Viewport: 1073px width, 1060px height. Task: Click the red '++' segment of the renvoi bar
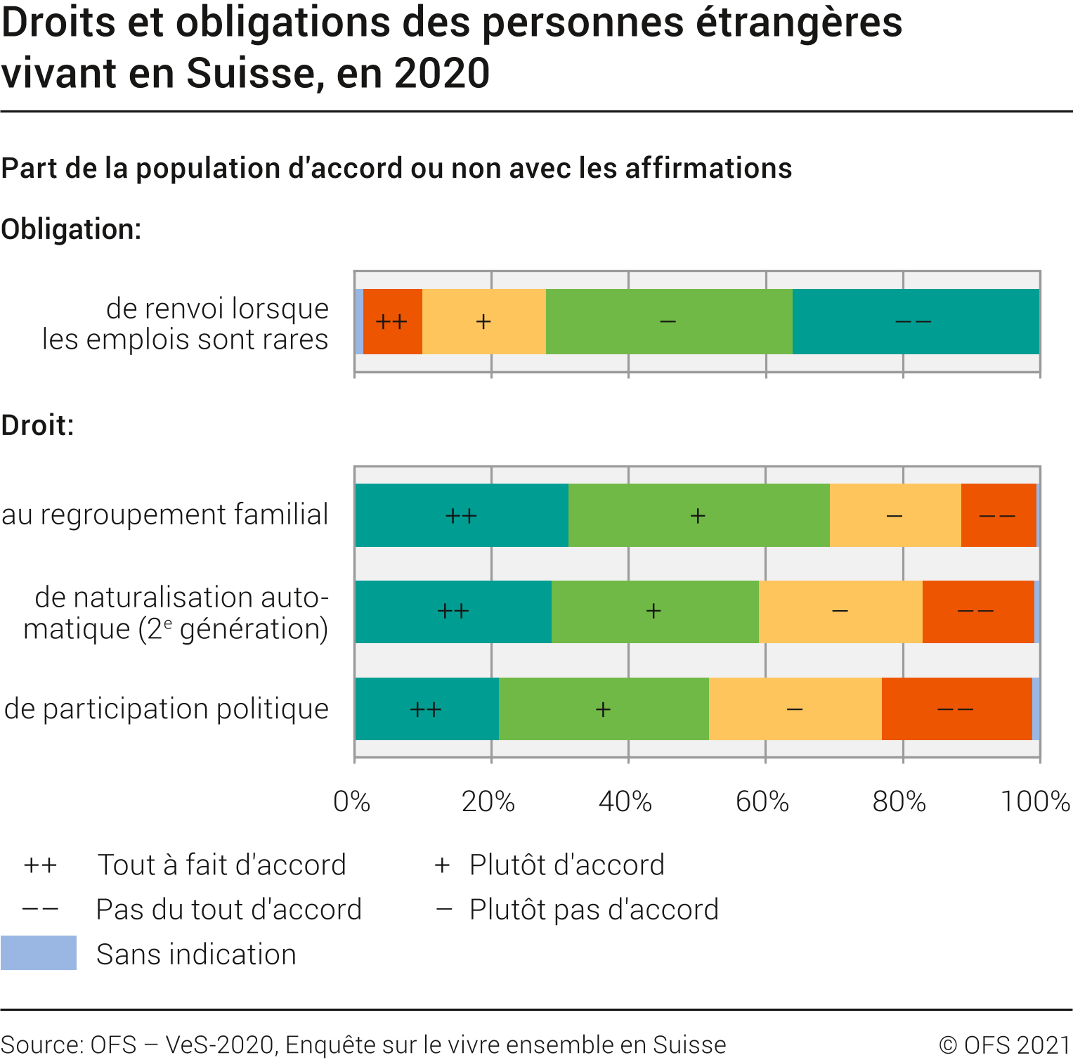click(x=392, y=321)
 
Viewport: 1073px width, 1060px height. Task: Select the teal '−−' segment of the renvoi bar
click(x=915, y=321)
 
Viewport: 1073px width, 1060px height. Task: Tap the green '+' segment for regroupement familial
click(x=698, y=515)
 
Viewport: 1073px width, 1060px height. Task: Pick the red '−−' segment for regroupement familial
click(x=998, y=515)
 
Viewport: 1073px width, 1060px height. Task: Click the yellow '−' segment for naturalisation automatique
click(x=840, y=612)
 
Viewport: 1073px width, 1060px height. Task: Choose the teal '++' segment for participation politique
click(x=427, y=709)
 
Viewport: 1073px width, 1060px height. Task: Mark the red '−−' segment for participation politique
click(x=956, y=709)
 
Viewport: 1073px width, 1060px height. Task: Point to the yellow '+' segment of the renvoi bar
click(x=483, y=321)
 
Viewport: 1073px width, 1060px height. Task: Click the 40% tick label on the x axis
click(x=625, y=801)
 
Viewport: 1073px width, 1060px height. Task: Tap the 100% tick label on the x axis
click(x=1035, y=801)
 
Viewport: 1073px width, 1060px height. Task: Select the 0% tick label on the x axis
click(x=352, y=801)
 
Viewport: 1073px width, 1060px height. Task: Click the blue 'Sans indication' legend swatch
click(x=39, y=953)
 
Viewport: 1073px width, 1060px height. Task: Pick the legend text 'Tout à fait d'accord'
click(x=221, y=865)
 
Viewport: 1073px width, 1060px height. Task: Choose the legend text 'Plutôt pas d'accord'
click(x=594, y=910)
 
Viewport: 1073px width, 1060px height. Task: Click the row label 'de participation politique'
click(x=167, y=709)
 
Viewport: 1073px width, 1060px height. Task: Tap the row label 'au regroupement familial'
click(x=165, y=515)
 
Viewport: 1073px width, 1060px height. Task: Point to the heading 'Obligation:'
click(x=72, y=229)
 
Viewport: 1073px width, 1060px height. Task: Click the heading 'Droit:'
click(x=38, y=425)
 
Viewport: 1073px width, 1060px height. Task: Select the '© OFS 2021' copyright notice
click(x=1005, y=1045)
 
